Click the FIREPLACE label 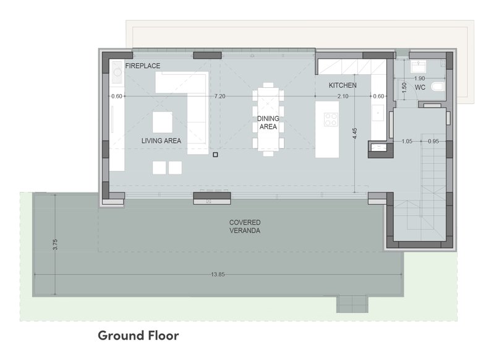point(143,66)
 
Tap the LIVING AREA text point(161,140)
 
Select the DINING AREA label point(268,122)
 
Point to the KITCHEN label point(343,85)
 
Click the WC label point(420,87)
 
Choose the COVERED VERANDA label point(245,226)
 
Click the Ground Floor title point(138,335)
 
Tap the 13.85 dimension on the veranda point(218,275)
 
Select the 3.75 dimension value point(55,244)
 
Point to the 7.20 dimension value point(219,96)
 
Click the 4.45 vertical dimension point(355,134)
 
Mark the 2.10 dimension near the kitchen point(343,96)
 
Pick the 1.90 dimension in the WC point(419,78)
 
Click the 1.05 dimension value point(407,141)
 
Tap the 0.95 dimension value point(433,141)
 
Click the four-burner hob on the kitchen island point(331,119)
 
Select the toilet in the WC point(438,87)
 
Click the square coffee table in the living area point(163,122)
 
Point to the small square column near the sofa point(216,155)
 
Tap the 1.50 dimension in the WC point(404,87)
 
